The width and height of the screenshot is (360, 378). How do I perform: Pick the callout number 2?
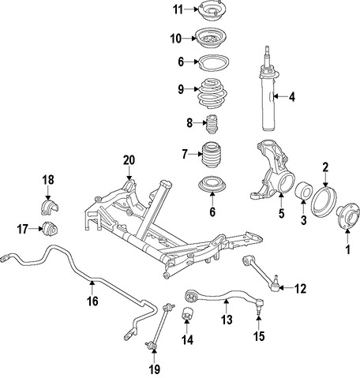[x=324, y=167]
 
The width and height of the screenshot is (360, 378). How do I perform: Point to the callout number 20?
[x=129, y=160]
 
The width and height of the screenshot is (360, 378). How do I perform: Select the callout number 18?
[x=47, y=180]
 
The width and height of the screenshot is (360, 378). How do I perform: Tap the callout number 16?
[x=92, y=301]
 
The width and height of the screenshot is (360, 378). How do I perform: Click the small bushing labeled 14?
[x=189, y=316]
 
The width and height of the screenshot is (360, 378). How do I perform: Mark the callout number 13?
[x=227, y=320]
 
